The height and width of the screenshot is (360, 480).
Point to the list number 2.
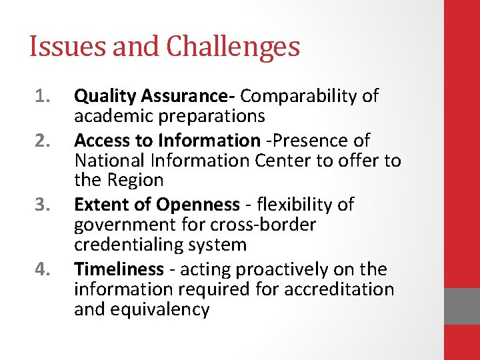41,141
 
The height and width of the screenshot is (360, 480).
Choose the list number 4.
41,269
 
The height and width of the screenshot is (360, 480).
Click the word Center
274,161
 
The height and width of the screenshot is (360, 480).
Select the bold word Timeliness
119,269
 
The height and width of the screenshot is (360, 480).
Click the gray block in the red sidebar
462,306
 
